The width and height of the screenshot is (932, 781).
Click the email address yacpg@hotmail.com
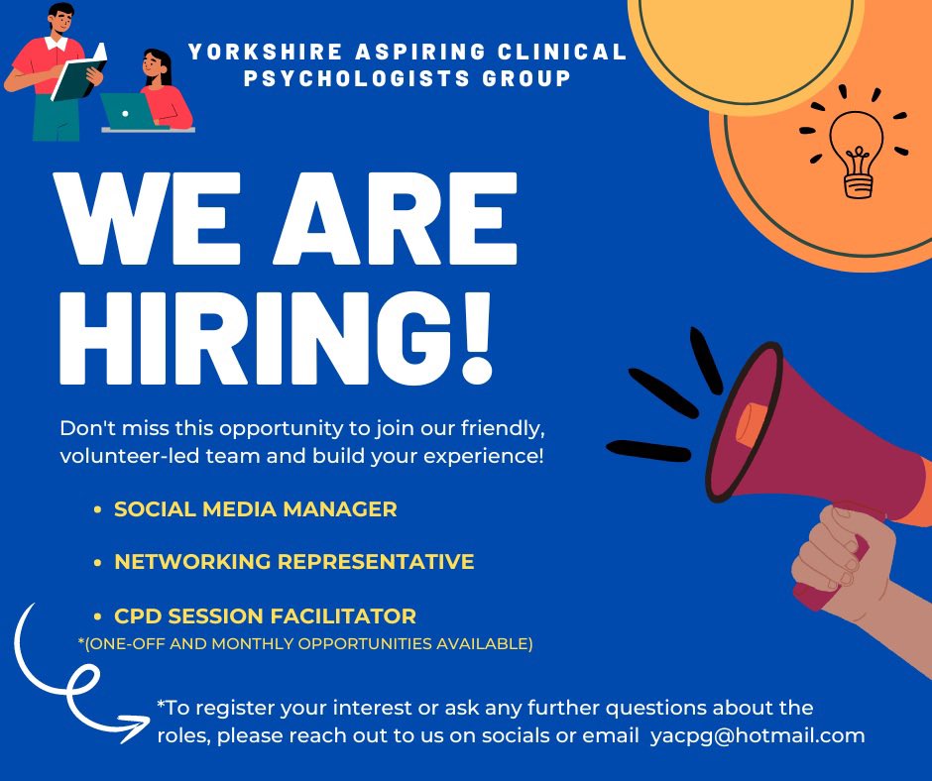(x=757, y=735)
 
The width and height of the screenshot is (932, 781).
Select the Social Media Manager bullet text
(x=255, y=509)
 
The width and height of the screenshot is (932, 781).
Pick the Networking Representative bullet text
(x=293, y=562)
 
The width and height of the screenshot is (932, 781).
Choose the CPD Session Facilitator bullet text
(x=265, y=615)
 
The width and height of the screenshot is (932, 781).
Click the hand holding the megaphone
(x=843, y=555)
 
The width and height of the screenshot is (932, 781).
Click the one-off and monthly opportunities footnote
(x=305, y=644)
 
